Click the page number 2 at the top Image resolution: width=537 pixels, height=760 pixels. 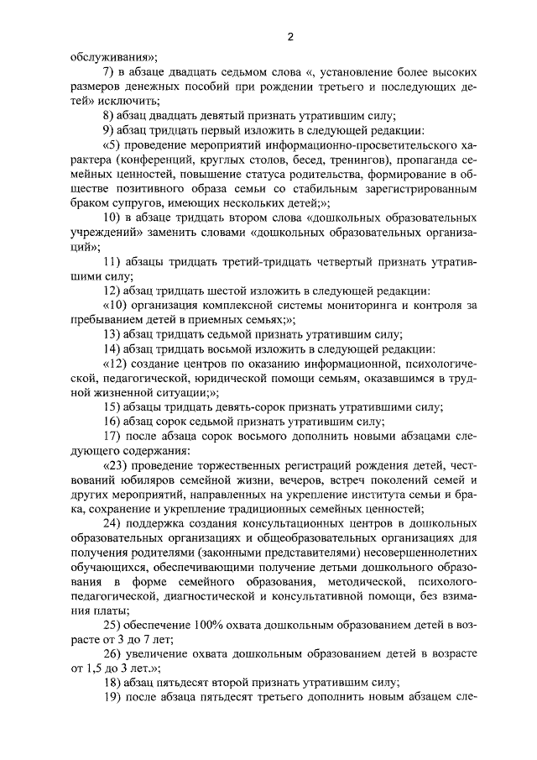(289, 37)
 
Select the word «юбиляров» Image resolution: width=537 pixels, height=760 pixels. (150, 480)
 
